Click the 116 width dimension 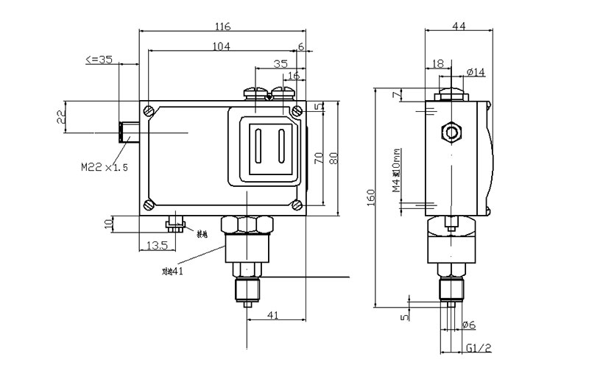[x=222, y=27]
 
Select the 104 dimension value [x=221, y=46]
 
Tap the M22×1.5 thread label [x=105, y=167]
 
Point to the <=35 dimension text [x=99, y=60]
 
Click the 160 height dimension [x=370, y=197]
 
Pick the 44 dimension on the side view [x=458, y=26]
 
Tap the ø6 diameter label [x=468, y=325]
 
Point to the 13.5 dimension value [x=158, y=244]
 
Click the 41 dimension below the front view [x=272, y=315]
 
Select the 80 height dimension [x=334, y=158]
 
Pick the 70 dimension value [x=319, y=158]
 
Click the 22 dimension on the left [x=61, y=116]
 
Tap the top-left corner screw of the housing [x=149, y=111]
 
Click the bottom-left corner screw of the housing [x=149, y=205]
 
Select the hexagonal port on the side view [x=451, y=132]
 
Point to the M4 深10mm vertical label [x=396, y=171]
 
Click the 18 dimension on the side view [x=438, y=64]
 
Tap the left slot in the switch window [x=259, y=145]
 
